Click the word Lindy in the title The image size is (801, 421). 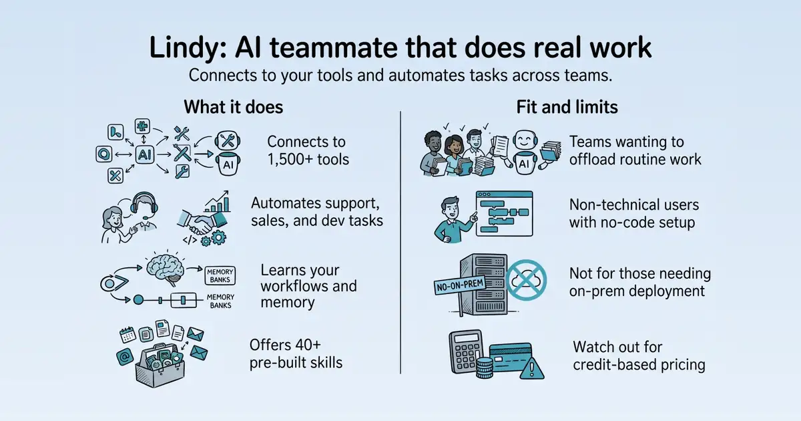point(188,48)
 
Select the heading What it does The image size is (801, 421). point(234,107)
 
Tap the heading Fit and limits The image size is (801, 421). point(567,107)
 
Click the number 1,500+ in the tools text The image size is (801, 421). point(290,159)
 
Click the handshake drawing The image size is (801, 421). point(202,222)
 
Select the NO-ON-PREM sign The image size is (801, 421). point(460,285)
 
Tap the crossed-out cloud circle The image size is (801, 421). point(526,280)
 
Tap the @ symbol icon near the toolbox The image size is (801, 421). point(125,357)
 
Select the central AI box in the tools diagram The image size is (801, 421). point(144,154)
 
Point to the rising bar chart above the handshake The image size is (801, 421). point(217,202)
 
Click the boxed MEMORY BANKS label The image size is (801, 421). point(220,275)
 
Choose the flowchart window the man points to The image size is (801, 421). point(504,213)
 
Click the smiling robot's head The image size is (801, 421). point(525,140)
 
